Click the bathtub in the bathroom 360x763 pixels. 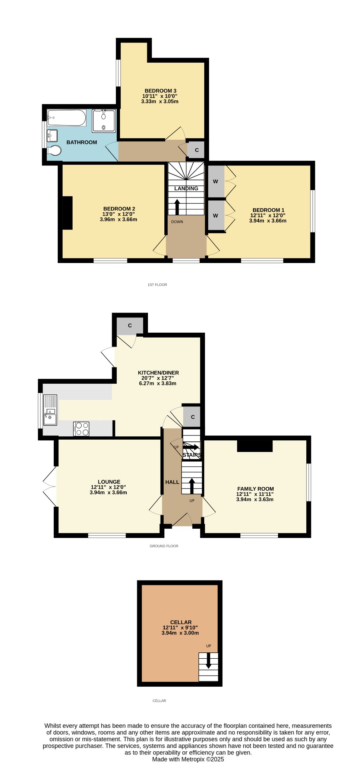pos(67,118)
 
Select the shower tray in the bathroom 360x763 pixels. pos(104,121)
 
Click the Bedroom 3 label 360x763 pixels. pos(160,91)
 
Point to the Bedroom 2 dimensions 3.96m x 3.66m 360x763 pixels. pos(119,219)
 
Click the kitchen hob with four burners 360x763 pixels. pos(81,428)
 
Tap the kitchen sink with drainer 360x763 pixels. pos(50,410)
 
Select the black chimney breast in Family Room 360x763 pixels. pos(255,446)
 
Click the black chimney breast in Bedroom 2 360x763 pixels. pos(67,213)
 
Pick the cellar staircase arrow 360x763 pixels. pos(208,660)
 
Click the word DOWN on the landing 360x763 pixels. pos(177,222)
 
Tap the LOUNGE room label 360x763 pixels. pos(109,482)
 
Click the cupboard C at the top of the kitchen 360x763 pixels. pos(130,326)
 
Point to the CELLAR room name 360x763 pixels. pos(181,622)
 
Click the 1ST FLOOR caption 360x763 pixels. pos(157,285)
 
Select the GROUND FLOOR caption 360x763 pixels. pos(164,546)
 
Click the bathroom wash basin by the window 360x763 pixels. pos(52,135)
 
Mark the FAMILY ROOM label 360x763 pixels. pos(256,489)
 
